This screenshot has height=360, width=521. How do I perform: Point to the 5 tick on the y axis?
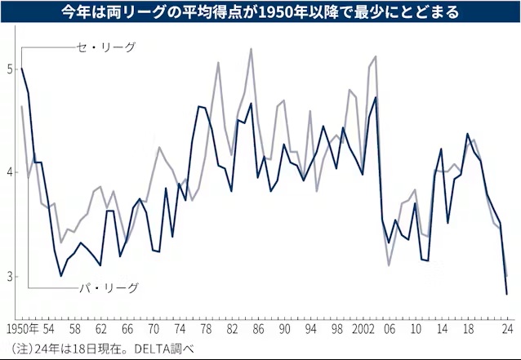click(8, 69)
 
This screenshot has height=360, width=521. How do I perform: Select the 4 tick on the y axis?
click(8, 173)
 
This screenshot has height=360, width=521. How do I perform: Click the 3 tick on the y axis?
click(8, 277)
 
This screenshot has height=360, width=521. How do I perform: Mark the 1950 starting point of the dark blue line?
click(21, 69)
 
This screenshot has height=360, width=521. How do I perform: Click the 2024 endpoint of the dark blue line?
click(507, 294)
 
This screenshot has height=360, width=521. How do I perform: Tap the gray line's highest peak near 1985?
click(250, 49)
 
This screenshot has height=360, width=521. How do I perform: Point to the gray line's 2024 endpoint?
click(507, 276)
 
